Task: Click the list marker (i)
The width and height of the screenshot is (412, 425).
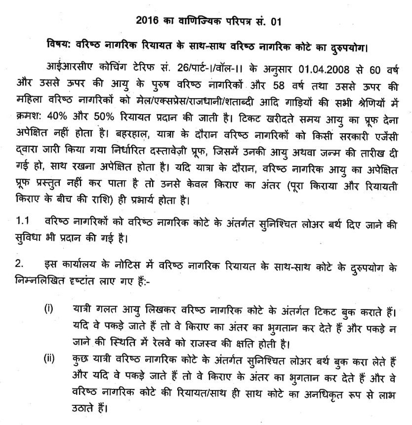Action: (x=48, y=309)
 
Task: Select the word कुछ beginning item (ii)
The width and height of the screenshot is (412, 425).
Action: (x=79, y=360)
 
